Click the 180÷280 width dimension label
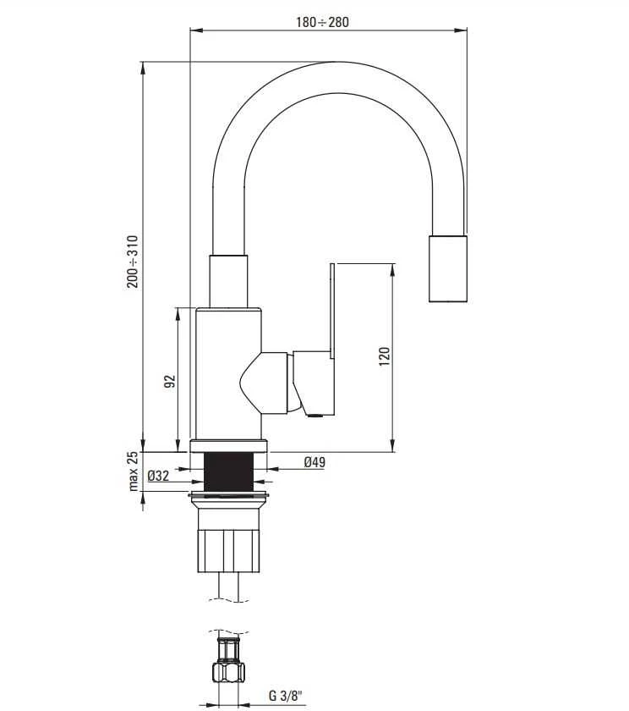coord(322,22)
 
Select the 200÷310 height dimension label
coord(133,262)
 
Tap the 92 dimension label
coord(169,381)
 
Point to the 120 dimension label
coord(384,356)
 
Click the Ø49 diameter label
coord(314,462)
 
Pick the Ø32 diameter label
coord(158,476)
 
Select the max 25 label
coord(133,471)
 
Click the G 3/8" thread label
coord(285,695)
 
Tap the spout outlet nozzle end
coord(448,268)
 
